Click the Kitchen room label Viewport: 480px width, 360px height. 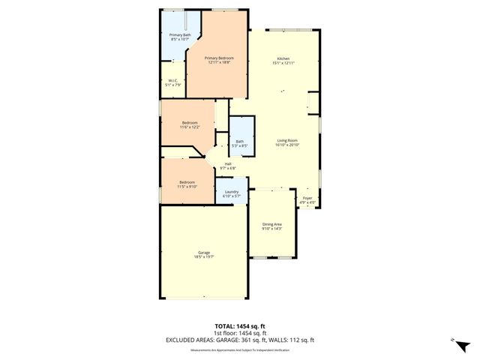pos(283,58)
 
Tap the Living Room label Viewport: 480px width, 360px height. pos(288,139)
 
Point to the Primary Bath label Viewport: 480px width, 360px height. pos(180,35)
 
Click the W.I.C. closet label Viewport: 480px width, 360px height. pos(172,81)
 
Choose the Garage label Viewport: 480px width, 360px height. pos(204,252)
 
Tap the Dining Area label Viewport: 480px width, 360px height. pos(272,224)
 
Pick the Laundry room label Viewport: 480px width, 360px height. pos(232,192)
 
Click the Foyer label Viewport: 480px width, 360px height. pos(307,198)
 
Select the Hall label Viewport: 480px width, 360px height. pos(227,164)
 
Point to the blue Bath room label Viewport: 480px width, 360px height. pos(240,141)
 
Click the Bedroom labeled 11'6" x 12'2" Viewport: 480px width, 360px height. pos(189,123)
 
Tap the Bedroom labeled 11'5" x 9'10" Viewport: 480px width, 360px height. pos(187,182)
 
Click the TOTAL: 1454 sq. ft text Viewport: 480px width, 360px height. pos(240,326)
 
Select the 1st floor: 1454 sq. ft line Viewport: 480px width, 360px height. pos(240,333)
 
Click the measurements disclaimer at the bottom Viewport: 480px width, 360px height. pos(240,349)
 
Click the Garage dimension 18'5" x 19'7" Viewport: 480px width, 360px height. pos(204,256)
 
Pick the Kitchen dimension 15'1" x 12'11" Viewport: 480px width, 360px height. pos(283,63)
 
